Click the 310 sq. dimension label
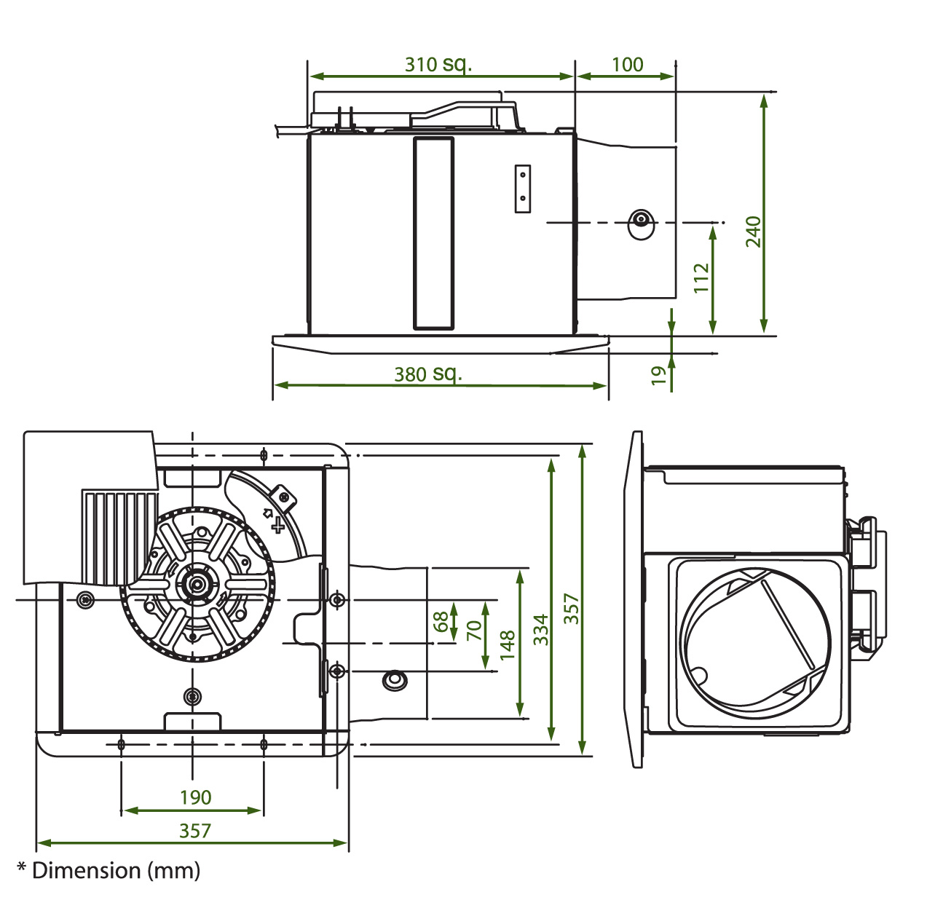438,65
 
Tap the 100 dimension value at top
627,65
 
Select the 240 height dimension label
754,232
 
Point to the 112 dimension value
702,278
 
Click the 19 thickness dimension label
658,376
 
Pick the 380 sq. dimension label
428,374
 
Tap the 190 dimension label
195,797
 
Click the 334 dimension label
541,629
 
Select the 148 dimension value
508,645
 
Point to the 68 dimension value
441,621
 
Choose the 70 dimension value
474,631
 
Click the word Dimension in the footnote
86,870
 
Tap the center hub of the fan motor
197,584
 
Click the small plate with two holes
522,189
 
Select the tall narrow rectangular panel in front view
433,234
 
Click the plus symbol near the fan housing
278,526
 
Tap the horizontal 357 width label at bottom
195,831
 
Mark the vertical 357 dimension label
571,609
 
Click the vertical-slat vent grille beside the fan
119,537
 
